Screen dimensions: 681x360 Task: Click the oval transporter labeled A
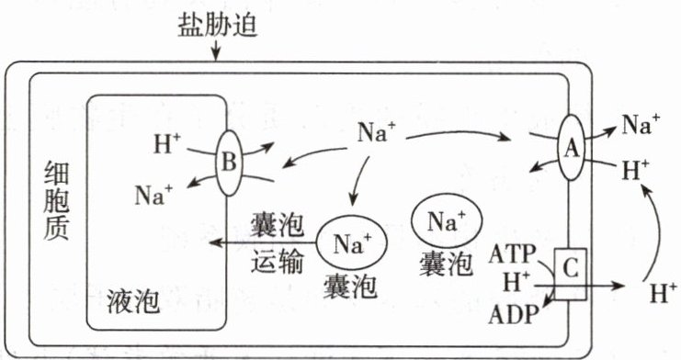pos(571,147)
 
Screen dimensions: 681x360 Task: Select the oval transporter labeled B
pos(230,163)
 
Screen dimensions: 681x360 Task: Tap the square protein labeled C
pos(570,274)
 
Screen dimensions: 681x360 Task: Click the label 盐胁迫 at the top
pos(218,27)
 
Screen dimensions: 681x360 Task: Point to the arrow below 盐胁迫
pos(215,53)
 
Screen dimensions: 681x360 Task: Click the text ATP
pos(513,254)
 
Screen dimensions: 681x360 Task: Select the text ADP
pos(514,314)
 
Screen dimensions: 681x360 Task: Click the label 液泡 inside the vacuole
pos(133,301)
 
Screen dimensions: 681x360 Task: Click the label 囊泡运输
pos(278,243)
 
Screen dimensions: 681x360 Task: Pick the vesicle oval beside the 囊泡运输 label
pos(351,242)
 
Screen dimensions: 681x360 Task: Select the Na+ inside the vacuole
pos(153,195)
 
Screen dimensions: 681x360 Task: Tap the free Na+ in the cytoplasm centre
pos(377,131)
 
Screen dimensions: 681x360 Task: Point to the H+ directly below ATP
pos(516,282)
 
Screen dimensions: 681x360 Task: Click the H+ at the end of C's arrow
pos(664,293)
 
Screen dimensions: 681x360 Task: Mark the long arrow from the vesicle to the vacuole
pos(263,242)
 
